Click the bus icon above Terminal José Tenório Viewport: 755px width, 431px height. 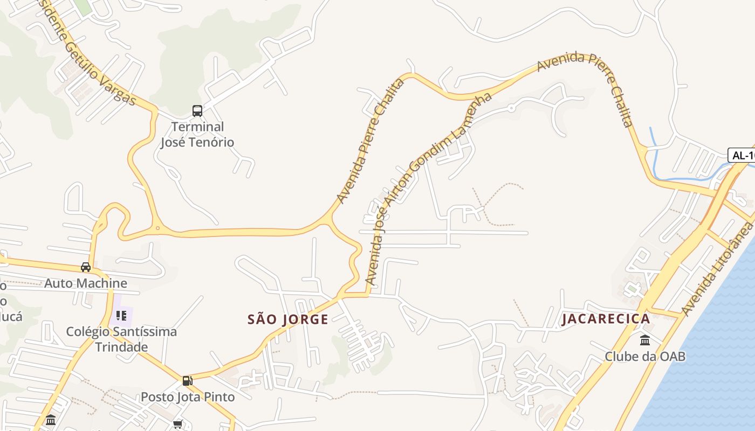(197, 111)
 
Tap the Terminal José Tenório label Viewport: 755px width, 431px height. (197, 135)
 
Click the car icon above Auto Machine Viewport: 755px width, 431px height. (86, 267)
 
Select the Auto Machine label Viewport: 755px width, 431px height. (86, 283)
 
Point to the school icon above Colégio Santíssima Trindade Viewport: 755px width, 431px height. (121, 316)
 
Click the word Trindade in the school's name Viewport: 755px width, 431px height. (121, 347)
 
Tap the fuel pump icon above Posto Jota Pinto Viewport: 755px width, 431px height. (187, 381)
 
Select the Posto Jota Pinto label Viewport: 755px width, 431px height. (188, 397)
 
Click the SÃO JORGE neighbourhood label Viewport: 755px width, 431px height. (288, 319)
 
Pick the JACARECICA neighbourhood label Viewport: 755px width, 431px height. (606, 319)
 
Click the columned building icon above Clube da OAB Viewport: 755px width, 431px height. (645, 340)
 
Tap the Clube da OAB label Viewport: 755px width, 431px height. (645, 357)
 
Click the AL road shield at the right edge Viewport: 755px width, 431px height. (742, 155)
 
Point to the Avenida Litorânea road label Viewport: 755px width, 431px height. (717, 269)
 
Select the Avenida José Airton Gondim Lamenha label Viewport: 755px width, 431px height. (429, 189)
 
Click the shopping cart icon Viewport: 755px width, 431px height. (177, 425)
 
